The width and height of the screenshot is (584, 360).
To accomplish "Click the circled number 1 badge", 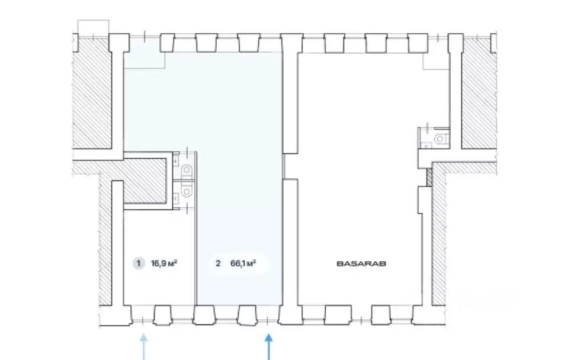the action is point(139,263).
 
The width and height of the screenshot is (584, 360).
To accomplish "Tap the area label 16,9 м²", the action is point(163,263).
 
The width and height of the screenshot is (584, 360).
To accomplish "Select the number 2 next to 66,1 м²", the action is point(218,263).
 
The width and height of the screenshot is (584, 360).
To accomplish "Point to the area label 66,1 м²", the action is point(243,263).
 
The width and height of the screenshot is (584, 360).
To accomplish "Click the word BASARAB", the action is point(361,263).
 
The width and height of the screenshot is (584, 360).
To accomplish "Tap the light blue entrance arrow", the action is point(143,347).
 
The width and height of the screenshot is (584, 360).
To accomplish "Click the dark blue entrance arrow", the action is point(268,347).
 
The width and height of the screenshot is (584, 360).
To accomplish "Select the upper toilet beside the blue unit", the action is point(186,171).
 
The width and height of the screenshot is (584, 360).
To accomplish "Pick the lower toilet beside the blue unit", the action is point(186,191).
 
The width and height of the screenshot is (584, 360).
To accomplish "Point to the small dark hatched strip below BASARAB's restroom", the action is point(429,177).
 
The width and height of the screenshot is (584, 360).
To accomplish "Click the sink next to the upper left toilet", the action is point(175,161).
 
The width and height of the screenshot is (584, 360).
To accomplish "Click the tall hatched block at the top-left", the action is point(92,93).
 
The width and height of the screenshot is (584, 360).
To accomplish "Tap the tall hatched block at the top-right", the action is point(479,93).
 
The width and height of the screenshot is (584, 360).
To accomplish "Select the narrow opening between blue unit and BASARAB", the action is point(284,166).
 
